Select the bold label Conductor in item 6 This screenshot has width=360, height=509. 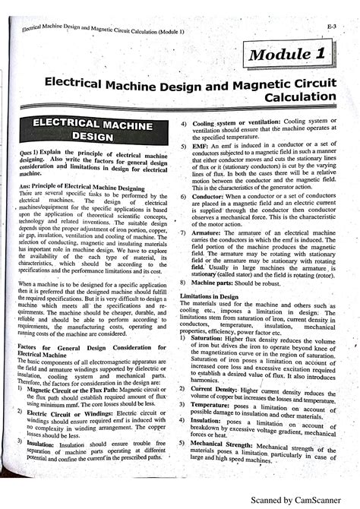[x=209, y=196]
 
